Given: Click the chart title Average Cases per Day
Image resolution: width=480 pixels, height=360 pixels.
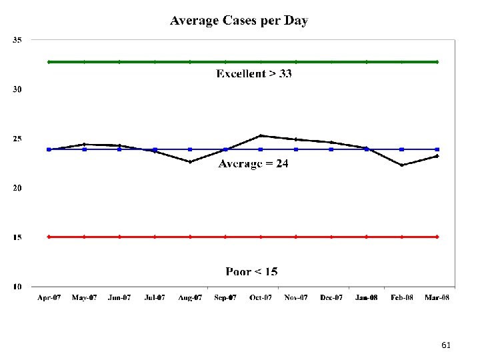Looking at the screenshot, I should coord(239,21).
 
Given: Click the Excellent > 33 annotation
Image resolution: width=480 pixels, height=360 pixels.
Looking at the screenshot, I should coord(253,73).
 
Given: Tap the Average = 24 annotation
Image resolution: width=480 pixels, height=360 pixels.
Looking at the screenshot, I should coord(253,164).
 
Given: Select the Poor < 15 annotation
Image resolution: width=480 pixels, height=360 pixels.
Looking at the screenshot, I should coord(251,271).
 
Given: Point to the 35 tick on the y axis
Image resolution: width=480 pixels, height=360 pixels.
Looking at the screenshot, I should coord(17,40).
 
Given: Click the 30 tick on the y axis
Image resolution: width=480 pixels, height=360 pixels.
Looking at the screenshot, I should coord(17,89).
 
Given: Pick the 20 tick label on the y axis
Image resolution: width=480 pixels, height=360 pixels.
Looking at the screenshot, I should coord(17,188).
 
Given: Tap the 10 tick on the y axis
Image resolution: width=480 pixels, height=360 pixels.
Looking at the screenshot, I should coord(17,287).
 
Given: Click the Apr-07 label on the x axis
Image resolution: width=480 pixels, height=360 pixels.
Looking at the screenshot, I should coord(49,297).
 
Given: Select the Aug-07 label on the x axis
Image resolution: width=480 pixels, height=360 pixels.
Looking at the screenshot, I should coord(190,297).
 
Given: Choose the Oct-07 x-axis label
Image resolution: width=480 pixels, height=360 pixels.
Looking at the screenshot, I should coord(261,297).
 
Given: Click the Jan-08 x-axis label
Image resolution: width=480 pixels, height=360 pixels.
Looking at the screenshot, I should coord(366,297).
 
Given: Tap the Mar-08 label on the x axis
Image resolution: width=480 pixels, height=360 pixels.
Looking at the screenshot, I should coord(437,297).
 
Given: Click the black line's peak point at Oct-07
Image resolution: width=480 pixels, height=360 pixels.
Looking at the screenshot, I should coord(261,135).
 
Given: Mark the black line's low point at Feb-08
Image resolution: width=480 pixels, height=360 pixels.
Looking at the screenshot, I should coord(401,165).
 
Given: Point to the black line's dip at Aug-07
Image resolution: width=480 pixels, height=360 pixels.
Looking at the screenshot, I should coord(190,162).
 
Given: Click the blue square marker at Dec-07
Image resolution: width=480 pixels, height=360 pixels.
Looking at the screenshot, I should coord(331,149).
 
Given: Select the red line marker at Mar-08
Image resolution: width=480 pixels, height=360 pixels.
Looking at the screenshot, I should coord(437,237).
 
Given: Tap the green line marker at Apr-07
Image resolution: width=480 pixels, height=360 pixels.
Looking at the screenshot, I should coord(49,62).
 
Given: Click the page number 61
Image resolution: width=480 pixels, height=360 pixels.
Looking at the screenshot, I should coord(446,345).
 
